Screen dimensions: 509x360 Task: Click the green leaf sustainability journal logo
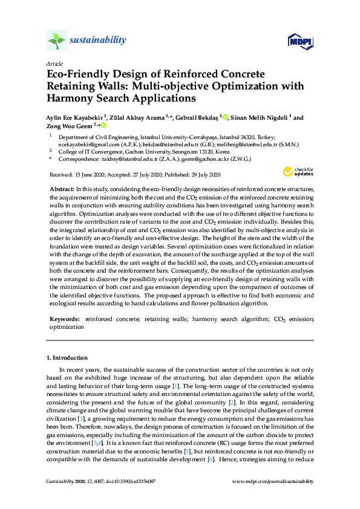click(x=56, y=41)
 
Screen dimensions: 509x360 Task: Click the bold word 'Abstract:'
click(x=62, y=190)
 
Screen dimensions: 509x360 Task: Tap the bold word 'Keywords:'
click(x=65, y=318)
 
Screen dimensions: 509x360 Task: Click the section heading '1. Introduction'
click(x=67, y=358)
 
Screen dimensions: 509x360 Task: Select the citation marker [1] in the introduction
click(x=175, y=386)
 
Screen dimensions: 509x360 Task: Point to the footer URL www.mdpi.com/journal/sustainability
click(x=273, y=481)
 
